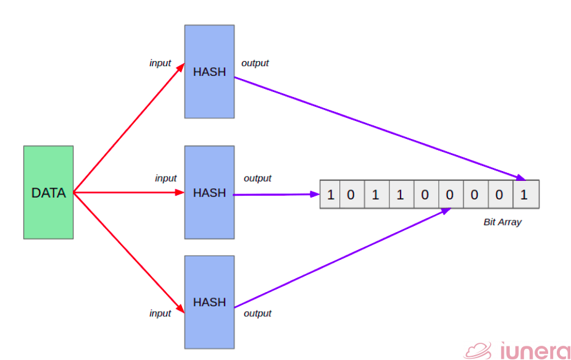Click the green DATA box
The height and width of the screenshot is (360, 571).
48,193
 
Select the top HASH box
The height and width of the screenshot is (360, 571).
209,72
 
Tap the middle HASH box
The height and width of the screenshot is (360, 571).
209,193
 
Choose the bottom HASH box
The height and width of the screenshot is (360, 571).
209,302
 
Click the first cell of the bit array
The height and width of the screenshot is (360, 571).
330,195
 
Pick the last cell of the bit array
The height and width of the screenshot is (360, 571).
524,195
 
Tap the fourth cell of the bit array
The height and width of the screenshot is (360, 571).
400,195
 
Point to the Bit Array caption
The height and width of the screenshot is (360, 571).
502,222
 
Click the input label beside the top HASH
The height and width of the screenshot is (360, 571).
160,63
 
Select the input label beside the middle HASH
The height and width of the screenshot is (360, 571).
165,178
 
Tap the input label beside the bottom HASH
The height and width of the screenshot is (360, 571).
160,313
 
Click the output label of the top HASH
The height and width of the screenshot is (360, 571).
255,63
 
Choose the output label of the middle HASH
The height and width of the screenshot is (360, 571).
257,178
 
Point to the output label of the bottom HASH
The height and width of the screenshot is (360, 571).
257,313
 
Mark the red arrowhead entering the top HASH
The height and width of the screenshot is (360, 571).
180,67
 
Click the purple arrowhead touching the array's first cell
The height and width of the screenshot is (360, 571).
314,194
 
